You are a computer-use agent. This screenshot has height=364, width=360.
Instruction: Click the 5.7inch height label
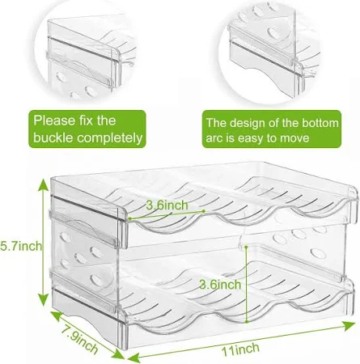[21, 246]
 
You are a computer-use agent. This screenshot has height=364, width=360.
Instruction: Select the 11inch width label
[240, 349]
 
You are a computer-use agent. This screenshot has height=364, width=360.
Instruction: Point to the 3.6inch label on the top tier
[167, 205]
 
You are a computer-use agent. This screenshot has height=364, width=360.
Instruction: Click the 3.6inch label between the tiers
[220, 285]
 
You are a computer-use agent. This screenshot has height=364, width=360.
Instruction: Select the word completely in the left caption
[110, 138]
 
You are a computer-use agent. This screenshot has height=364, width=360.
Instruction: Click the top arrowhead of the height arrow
[43, 184]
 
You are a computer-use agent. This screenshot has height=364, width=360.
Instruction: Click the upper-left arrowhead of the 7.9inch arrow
[56, 315]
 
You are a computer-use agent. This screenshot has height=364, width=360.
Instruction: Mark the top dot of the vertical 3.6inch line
[246, 247]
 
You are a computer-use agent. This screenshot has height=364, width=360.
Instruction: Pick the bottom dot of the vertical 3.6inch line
[247, 321]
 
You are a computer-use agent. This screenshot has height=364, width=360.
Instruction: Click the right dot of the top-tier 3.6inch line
[204, 211]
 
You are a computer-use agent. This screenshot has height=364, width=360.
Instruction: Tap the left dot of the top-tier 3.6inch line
[130, 218]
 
